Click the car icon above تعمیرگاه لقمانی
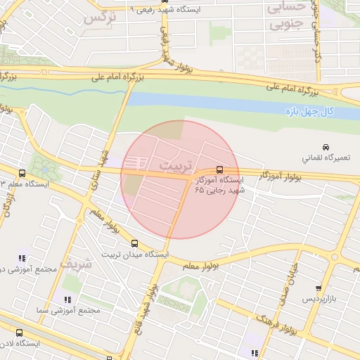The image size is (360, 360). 324,146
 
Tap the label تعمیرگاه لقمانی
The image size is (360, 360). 323,158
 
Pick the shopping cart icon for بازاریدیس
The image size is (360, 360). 319,288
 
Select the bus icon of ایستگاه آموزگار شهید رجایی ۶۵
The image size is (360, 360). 220,169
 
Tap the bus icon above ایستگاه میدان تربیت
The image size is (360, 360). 134,244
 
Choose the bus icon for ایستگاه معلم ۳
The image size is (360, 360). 22,173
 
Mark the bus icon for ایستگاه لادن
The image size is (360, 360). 19,333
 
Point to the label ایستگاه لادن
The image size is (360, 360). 20,345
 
